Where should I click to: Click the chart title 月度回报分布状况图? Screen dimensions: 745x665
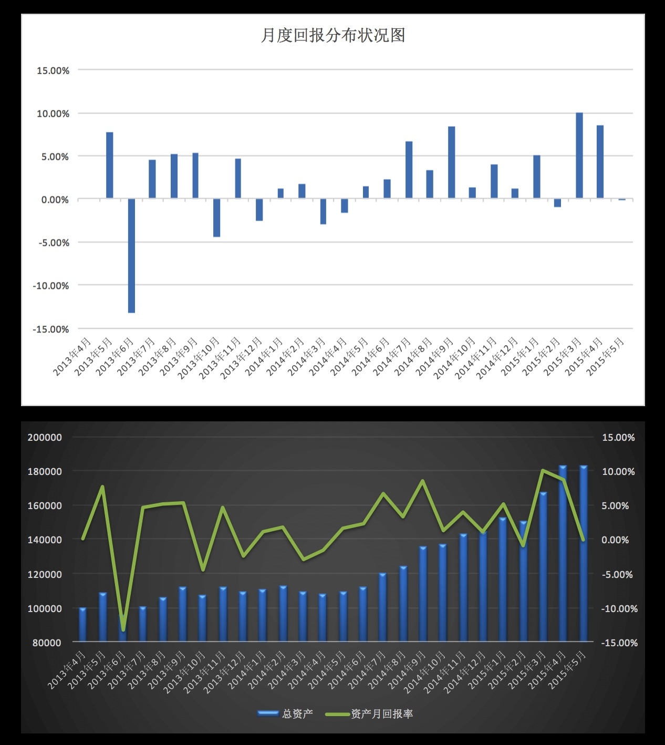click(333, 35)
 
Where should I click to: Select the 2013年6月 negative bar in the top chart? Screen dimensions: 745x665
click(131, 255)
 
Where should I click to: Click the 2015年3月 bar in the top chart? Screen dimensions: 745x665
click(579, 156)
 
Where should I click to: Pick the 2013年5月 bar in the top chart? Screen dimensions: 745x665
click(110, 165)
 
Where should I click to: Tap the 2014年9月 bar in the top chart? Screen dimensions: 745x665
click(451, 162)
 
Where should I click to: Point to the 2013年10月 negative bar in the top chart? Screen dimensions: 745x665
click(216, 218)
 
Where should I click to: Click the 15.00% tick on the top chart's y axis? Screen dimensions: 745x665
click(53, 70)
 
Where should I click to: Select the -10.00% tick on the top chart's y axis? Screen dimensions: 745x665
click(50, 286)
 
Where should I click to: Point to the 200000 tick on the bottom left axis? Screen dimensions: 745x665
click(45, 437)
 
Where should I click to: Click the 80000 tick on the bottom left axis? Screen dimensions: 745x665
click(47, 643)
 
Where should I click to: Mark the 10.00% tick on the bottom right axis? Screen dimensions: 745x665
click(618, 472)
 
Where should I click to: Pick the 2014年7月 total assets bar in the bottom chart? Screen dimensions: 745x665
click(382, 607)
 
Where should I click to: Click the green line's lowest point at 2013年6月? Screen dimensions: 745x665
click(123, 629)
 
